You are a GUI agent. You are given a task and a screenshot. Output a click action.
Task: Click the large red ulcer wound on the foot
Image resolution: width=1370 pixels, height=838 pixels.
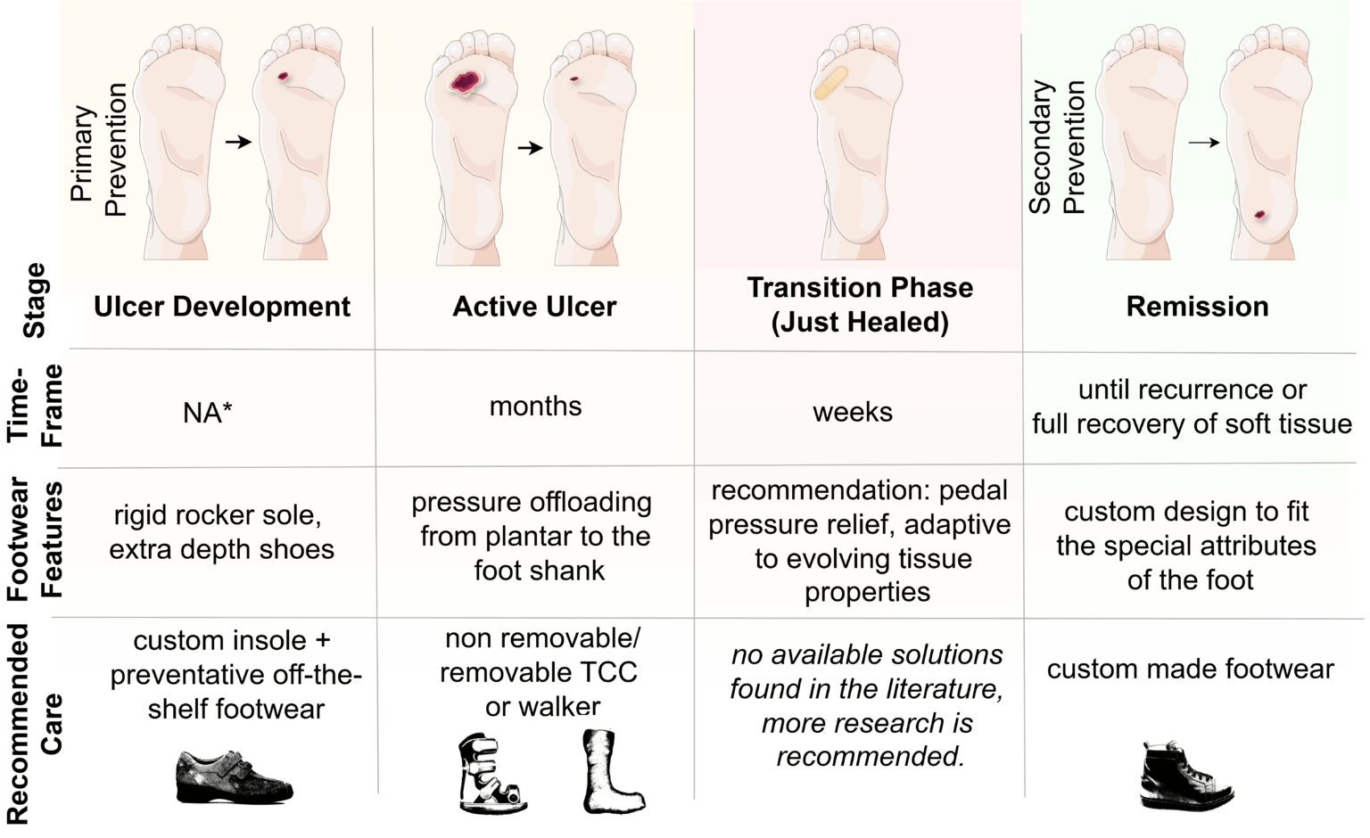point(466,82)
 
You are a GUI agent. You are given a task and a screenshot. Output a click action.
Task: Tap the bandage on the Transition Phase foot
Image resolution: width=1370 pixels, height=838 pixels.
point(830,83)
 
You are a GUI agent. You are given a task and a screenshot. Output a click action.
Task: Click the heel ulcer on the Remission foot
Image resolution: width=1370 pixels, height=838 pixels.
point(1260,215)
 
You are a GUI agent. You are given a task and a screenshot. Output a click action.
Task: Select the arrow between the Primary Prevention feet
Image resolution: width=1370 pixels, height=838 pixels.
point(238,143)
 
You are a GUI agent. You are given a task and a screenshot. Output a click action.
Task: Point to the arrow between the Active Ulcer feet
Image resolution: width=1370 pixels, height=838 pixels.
point(531,148)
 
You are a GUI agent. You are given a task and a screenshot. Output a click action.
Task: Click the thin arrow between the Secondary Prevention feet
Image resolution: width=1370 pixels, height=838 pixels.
point(1203,143)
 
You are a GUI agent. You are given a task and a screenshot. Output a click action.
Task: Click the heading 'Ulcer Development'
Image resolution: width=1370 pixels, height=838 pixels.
point(222,307)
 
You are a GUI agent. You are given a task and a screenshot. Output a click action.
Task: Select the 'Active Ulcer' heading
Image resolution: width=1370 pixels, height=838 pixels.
point(534,307)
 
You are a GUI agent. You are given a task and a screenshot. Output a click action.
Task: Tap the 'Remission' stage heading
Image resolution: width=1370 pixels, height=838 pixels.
point(1198,307)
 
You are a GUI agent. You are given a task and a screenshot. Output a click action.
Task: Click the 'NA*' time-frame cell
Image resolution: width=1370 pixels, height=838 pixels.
point(207,413)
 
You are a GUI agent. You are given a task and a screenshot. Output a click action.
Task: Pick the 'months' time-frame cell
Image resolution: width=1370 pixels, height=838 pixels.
point(535,407)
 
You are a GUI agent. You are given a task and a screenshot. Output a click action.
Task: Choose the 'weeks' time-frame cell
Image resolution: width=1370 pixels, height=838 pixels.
point(853,413)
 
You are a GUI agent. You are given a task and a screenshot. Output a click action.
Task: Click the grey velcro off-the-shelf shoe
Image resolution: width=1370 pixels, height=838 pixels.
point(235,776)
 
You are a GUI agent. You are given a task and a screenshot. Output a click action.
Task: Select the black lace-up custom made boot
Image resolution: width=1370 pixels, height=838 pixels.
point(1185,776)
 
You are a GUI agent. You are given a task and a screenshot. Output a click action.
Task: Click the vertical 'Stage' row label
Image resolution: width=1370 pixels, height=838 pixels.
point(34,300)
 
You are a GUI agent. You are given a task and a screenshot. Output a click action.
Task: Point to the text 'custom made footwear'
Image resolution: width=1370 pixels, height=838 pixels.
point(1190,670)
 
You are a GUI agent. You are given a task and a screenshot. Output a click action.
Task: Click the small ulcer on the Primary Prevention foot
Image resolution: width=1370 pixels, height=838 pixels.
point(283,77)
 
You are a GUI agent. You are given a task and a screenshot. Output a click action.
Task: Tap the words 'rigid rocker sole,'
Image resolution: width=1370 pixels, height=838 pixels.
point(218,515)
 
